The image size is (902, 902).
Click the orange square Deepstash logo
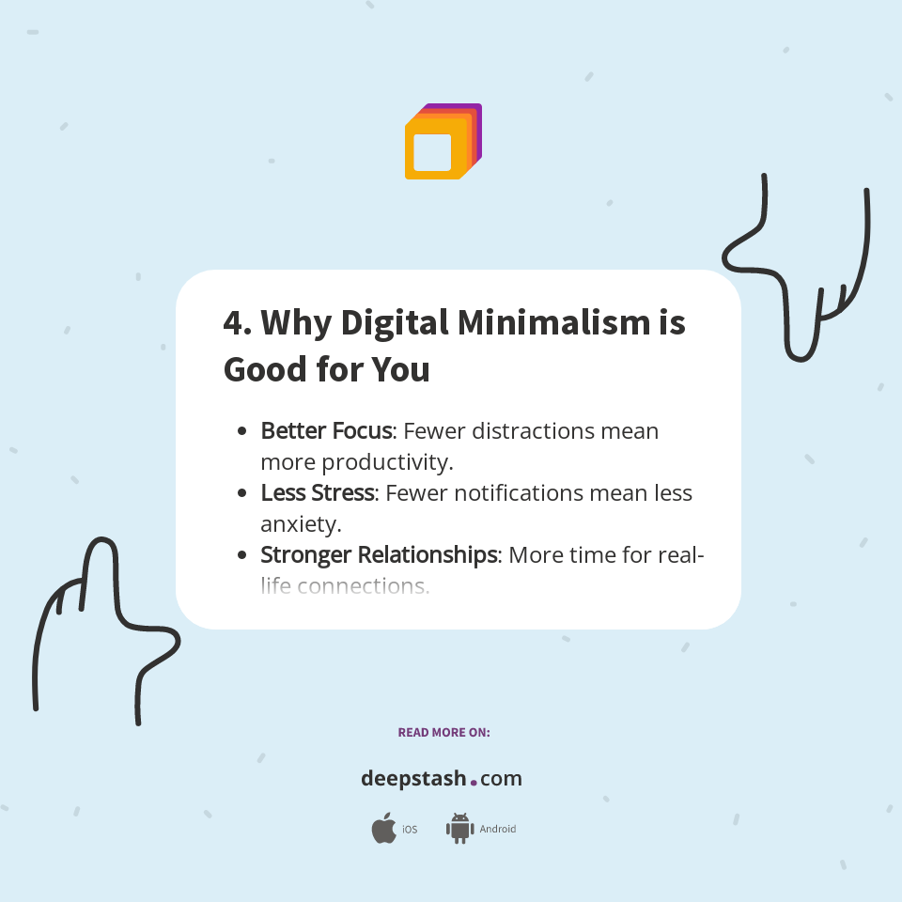click(442, 142)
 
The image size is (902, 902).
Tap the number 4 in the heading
click(233, 323)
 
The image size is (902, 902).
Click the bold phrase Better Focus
click(326, 431)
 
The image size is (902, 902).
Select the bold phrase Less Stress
click(317, 493)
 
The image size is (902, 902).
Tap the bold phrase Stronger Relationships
click(379, 555)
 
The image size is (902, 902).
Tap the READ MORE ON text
click(443, 732)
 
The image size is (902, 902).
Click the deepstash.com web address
click(442, 779)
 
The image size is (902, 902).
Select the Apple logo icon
click(383, 829)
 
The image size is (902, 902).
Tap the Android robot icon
click(459, 829)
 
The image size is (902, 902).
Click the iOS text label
click(410, 830)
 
